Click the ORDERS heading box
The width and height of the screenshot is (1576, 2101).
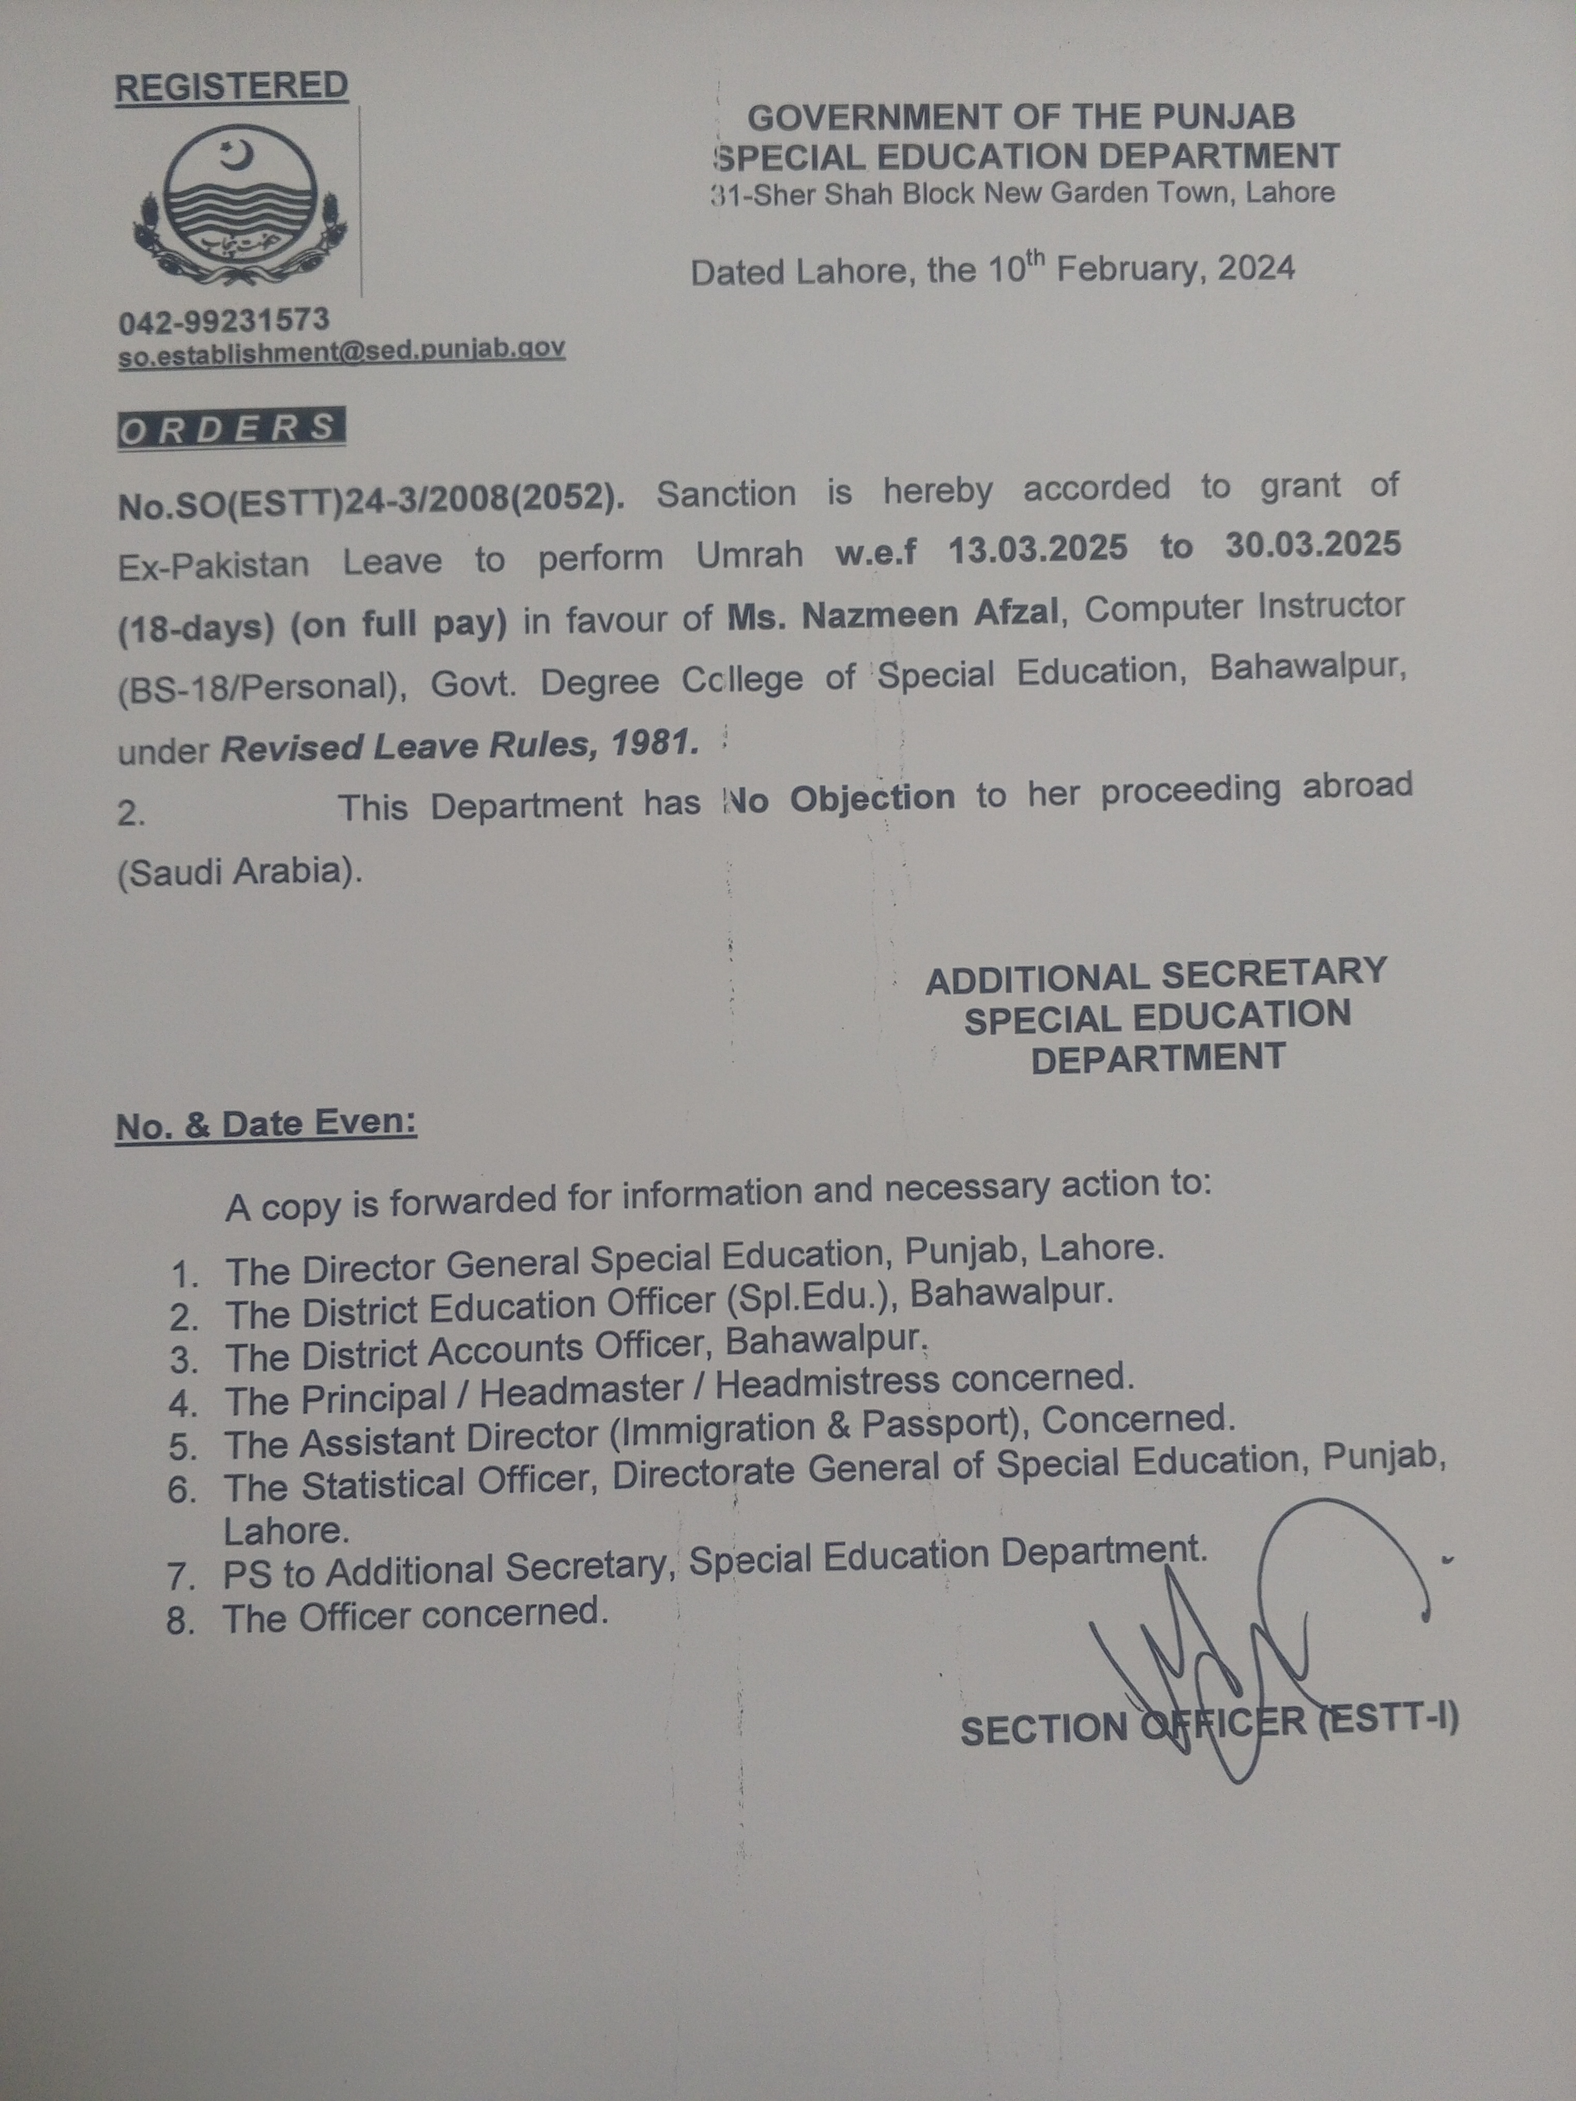pyautogui.click(x=230, y=429)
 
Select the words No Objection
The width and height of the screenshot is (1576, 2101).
pyautogui.click(x=839, y=799)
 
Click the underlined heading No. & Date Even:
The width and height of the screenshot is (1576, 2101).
pyautogui.click(x=266, y=1124)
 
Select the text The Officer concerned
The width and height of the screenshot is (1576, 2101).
pyautogui.click(x=415, y=1615)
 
